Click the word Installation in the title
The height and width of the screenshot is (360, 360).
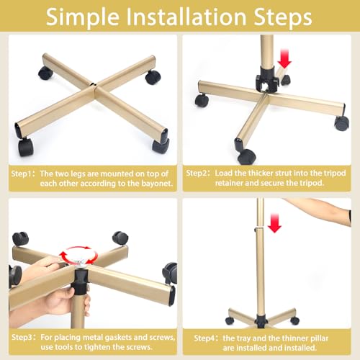[x=186, y=17]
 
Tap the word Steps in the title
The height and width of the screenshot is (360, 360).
[x=283, y=17]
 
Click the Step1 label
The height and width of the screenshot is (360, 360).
[x=22, y=174]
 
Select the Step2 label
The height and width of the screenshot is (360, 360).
[x=197, y=173]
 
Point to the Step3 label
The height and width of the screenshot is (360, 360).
[x=22, y=337]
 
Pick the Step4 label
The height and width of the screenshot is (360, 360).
[x=204, y=338]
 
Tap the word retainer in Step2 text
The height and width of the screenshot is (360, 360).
[x=229, y=183]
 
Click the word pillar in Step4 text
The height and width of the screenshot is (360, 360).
[x=319, y=338]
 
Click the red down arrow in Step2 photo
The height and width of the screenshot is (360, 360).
[x=284, y=58]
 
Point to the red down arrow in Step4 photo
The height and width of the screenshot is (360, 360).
[x=274, y=223]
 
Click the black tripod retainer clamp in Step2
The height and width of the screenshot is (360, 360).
[x=267, y=78]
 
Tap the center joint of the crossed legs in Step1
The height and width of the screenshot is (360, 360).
[x=93, y=86]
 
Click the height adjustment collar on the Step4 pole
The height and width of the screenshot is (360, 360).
[x=259, y=228]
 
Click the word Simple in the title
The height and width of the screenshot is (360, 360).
[x=82, y=17]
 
